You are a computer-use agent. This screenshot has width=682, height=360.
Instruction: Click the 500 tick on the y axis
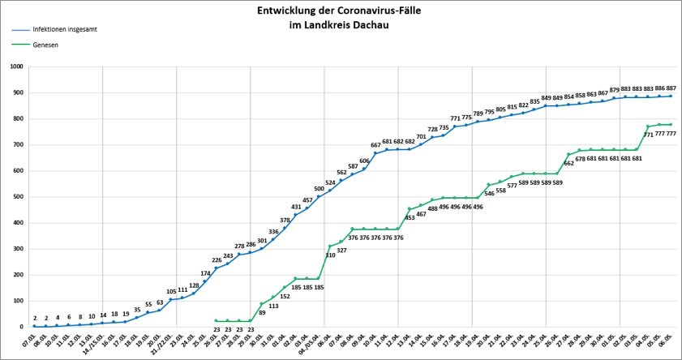coord(19,197)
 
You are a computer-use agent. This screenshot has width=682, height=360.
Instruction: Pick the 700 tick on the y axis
coord(19,145)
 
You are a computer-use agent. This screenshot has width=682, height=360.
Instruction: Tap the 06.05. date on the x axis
coord(671,341)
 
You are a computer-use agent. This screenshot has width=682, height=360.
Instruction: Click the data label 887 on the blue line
coord(671,88)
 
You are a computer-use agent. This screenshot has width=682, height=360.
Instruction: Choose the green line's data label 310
coord(330,255)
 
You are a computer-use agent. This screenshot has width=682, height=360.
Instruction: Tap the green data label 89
coord(262,312)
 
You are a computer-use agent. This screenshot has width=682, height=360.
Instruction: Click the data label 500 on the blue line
coord(320,189)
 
